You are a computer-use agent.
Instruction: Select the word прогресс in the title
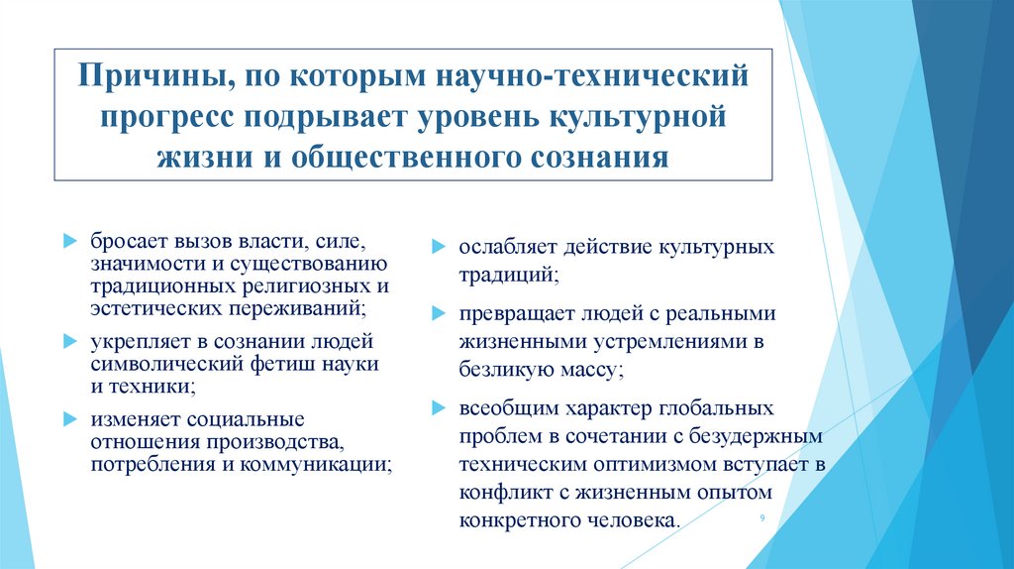[161, 117]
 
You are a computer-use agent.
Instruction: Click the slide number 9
[760, 519]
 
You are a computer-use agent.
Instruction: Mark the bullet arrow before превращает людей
[437, 314]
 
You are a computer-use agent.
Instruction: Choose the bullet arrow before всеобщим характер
[437, 409]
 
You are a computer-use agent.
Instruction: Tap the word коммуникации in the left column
[331, 463]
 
